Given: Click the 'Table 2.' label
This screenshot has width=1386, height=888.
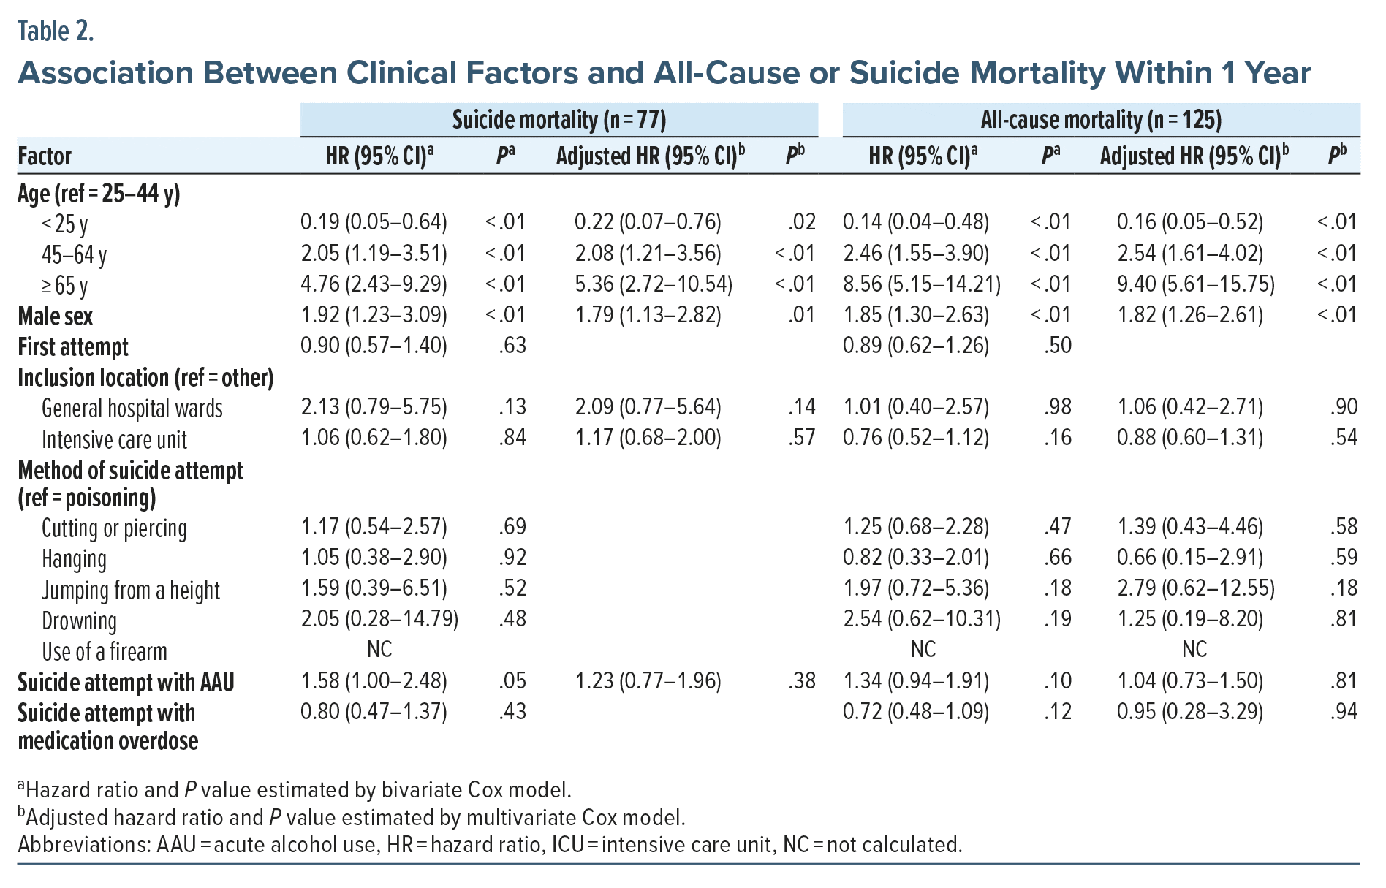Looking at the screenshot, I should pos(56,31).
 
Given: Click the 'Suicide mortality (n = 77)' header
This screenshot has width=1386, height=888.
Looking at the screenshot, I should pos(558,120).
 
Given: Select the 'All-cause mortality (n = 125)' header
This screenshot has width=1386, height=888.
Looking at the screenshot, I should pos(1101,120).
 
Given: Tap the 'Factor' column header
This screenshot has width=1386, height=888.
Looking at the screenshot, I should pos(45,156).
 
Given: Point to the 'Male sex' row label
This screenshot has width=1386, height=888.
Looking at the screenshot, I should pos(56,316).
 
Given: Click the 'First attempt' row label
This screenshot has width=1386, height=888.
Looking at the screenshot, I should pos(73,346).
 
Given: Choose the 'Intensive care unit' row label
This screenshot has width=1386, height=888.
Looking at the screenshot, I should pos(114,439).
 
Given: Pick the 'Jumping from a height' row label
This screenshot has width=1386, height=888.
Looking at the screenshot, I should pos(131,590).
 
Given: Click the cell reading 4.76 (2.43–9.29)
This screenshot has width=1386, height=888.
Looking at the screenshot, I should pos(374,284).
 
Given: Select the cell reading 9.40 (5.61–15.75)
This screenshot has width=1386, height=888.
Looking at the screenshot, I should pos(1195,284).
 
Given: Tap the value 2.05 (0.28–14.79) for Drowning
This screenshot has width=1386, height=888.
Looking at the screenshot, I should pos(379,619).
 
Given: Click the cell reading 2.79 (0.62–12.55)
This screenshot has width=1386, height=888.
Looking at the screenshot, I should pos(1195,588).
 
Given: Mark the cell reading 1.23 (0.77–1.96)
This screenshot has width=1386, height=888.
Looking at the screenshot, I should pos(648,681).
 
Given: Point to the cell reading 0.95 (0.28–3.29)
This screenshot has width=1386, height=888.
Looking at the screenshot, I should pos(1189,712).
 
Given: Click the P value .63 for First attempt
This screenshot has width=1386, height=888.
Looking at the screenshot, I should pos(512,346).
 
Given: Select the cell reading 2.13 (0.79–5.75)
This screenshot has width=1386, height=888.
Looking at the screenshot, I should pos(374,407).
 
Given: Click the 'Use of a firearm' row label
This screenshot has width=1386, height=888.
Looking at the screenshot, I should pos(105,651).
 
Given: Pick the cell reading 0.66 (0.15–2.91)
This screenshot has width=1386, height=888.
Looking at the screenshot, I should pos(1189,558).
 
